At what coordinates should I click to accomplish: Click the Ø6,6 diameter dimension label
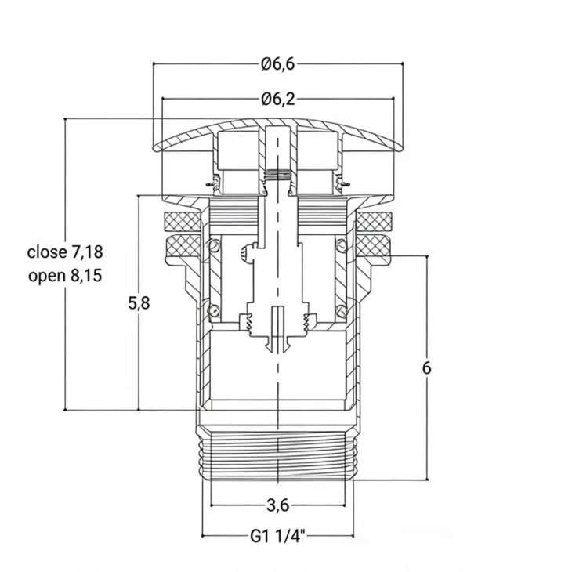pyautogui.click(x=278, y=64)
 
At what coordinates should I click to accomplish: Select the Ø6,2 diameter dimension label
pyautogui.click(x=278, y=100)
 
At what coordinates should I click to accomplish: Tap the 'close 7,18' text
pyautogui.click(x=65, y=252)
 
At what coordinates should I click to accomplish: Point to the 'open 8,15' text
pyautogui.click(x=65, y=276)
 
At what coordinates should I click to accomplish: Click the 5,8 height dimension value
pyautogui.click(x=139, y=303)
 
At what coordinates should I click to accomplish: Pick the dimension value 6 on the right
pyautogui.click(x=426, y=368)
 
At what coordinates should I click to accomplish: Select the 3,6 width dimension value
pyautogui.click(x=278, y=505)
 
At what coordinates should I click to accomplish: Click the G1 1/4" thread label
pyautogui.click(x=277, y=537)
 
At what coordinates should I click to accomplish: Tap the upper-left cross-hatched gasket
pyautogui.click(x=183, y=222)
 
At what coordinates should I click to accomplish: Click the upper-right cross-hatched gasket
pyautogui.click(x=374, y=222)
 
